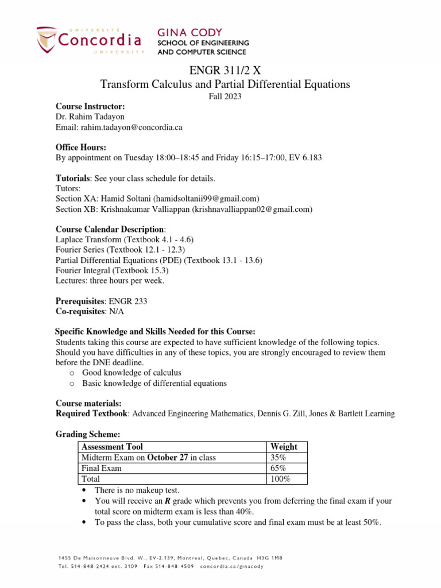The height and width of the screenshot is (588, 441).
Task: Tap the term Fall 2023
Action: pos(225,96)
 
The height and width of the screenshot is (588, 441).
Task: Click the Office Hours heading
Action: pos(81,148)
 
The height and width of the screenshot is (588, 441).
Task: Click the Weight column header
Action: pos(284,446)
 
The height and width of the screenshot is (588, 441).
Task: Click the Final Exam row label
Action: pos(102,468)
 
